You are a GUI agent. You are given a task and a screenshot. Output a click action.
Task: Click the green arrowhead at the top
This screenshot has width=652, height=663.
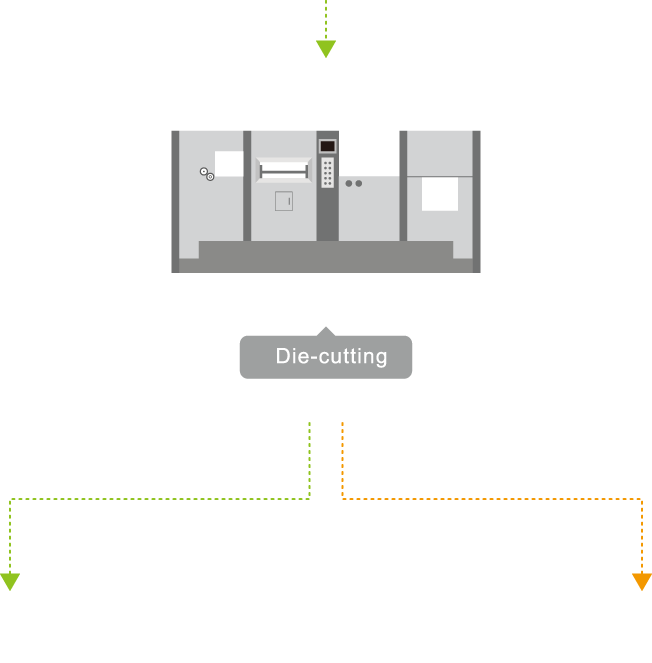(x=325, y=48)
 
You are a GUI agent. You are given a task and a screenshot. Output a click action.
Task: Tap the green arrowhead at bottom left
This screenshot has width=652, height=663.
(x=9, y=582)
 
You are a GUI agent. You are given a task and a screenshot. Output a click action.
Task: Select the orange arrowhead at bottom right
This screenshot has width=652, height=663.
(x=642, y=582)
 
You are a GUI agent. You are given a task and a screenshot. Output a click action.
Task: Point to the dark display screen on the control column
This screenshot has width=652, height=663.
(x=327, y=146)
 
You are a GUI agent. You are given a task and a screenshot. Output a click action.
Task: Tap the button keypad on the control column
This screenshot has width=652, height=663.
(x=327, y=173)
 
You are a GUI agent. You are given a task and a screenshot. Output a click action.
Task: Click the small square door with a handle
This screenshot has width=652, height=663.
(x=284, y=201)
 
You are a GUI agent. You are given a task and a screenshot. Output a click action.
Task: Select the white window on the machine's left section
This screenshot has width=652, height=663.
(x=228, y=163)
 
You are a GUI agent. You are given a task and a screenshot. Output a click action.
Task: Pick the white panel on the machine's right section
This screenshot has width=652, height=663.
(x=440, y=194)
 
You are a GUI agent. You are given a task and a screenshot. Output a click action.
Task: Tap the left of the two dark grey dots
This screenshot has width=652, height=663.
(x=348, y=184)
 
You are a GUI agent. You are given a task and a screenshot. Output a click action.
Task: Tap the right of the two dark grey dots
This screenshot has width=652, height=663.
(x=358, y=184)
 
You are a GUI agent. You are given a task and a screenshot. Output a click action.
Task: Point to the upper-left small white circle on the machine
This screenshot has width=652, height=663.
(x=204, y=172)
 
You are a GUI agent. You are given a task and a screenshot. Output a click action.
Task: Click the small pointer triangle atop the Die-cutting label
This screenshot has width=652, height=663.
(x=325, y=331)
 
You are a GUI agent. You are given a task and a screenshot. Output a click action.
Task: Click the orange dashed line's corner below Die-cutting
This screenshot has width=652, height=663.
(x=343, y=497)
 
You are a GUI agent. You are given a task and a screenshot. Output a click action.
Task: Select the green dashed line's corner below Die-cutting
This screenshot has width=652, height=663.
(x=310, y=497)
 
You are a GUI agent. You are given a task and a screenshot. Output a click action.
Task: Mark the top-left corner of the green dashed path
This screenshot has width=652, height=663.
(x=10, y=498)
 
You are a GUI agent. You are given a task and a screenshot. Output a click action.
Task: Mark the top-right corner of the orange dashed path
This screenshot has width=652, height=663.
(x=641, y=498)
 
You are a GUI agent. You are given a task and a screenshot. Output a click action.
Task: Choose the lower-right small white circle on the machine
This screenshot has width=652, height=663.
(x=210, y=177)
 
